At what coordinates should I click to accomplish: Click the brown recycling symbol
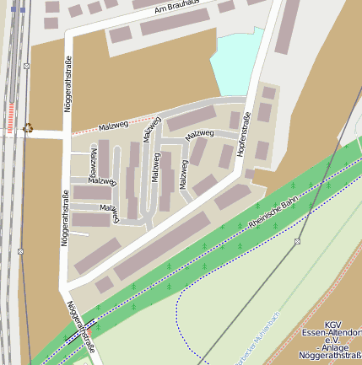click(x=29, y=128)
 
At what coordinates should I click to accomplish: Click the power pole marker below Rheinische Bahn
click(x=297, y=241)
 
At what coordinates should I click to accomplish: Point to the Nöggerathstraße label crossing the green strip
click(x=81, y=325)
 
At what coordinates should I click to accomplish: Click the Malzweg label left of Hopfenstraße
click(x=200, y=134)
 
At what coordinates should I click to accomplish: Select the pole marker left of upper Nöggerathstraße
click(x=27, y=65)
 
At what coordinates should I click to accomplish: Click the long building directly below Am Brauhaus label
click(x=174, y=23)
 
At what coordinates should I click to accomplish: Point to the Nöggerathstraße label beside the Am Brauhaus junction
click(x=68, y=83)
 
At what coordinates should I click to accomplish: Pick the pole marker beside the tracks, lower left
click(x=20, y=251)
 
